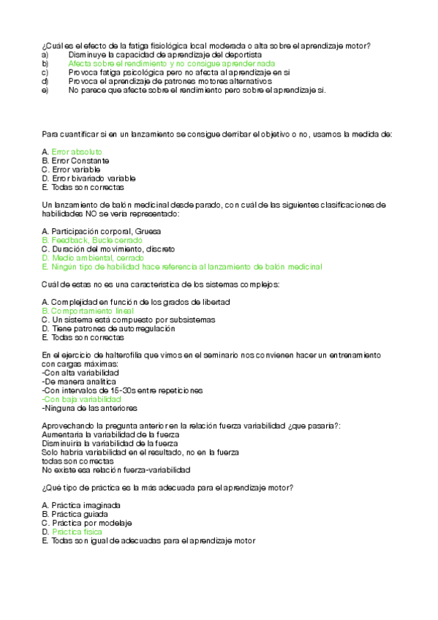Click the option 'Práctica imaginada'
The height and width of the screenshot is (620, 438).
coord(81,505)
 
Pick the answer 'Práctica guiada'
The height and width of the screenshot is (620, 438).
coord(76,514)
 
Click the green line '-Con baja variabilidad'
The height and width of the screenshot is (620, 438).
coord(82,399)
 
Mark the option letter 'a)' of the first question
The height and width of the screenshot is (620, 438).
coord(45,55)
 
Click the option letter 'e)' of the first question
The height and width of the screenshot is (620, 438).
coord(45,91)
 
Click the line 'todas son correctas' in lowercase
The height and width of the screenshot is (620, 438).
coord(78,461)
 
